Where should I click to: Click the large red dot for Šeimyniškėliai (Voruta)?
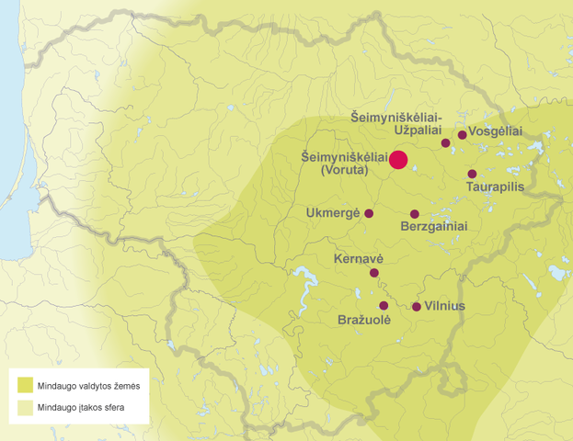[x=398, y=160]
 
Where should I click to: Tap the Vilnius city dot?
[x=417, y=307]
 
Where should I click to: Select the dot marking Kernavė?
[x=374, y=273]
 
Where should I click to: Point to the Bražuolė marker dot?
[x=384, y=305]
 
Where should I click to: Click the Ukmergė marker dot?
[x=369, y=213]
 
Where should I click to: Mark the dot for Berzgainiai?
[x=415, y=214]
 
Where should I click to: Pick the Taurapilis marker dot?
[x=472, y=174]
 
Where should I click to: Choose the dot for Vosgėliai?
[x=462, y=135]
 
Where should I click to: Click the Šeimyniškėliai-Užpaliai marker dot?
[x=446, y=143]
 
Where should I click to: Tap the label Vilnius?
[x=446, y=306]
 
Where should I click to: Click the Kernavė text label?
[x=360, y=259]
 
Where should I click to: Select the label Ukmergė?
[x=332, y=213]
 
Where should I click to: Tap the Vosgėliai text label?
[x=496, y=132]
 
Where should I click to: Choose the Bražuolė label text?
[x=364, y=320]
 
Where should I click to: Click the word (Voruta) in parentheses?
[x=344, y=170]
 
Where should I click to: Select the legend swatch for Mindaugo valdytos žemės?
[x=22, y=383]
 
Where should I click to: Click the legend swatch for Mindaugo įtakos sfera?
[x=22, y=406]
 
